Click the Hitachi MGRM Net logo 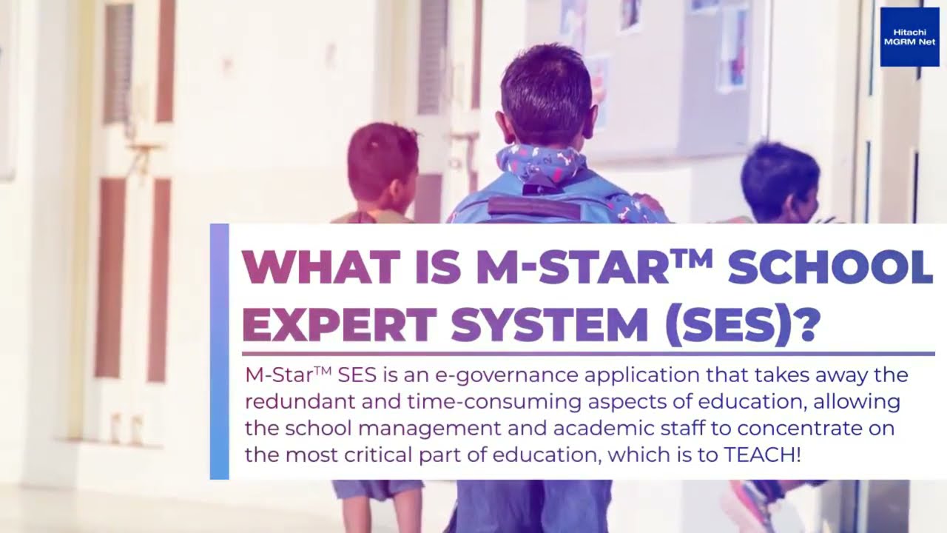909,37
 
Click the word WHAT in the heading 303,268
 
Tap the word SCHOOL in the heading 830,268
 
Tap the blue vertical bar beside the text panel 220,351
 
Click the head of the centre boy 546,95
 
